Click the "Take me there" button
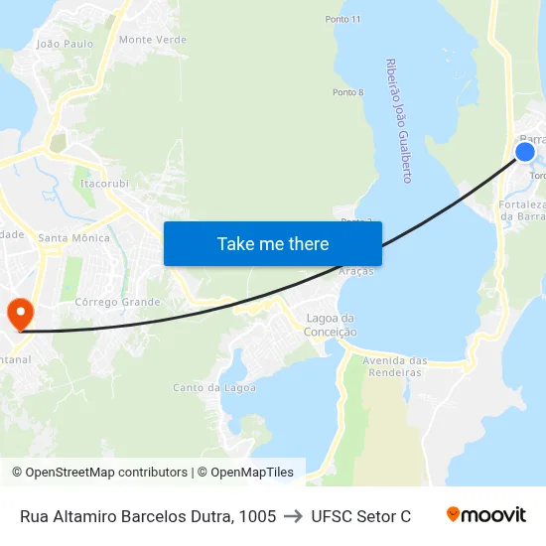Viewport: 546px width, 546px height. [x=273, y=244]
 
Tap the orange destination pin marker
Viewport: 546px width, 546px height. [x=19, y=315]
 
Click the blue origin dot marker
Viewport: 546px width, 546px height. [x=524, y=152]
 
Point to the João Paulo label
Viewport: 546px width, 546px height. [x=65, y=44]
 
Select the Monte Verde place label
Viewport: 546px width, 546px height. [x=152, y=40]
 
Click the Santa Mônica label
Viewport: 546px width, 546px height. [x=73, y=238]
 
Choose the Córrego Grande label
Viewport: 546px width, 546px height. [x=117, y=302]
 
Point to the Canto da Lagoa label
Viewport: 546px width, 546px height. [x=214, y=387]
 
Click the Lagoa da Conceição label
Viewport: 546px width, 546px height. [x=332, y=325]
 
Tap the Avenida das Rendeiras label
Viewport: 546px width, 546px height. [x=395, y=366]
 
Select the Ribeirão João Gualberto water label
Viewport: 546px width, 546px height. [x=398, y=120]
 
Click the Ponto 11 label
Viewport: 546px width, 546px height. [x=342, y=20]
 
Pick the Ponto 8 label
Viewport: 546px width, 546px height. [x=348, y=92]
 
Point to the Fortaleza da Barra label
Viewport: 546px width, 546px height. [x=522, y=210]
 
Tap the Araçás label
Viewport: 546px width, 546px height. [x=356, y=271]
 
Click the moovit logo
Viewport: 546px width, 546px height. [x=486, y=514]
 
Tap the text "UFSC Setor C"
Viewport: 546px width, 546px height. [x=360, y=515]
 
